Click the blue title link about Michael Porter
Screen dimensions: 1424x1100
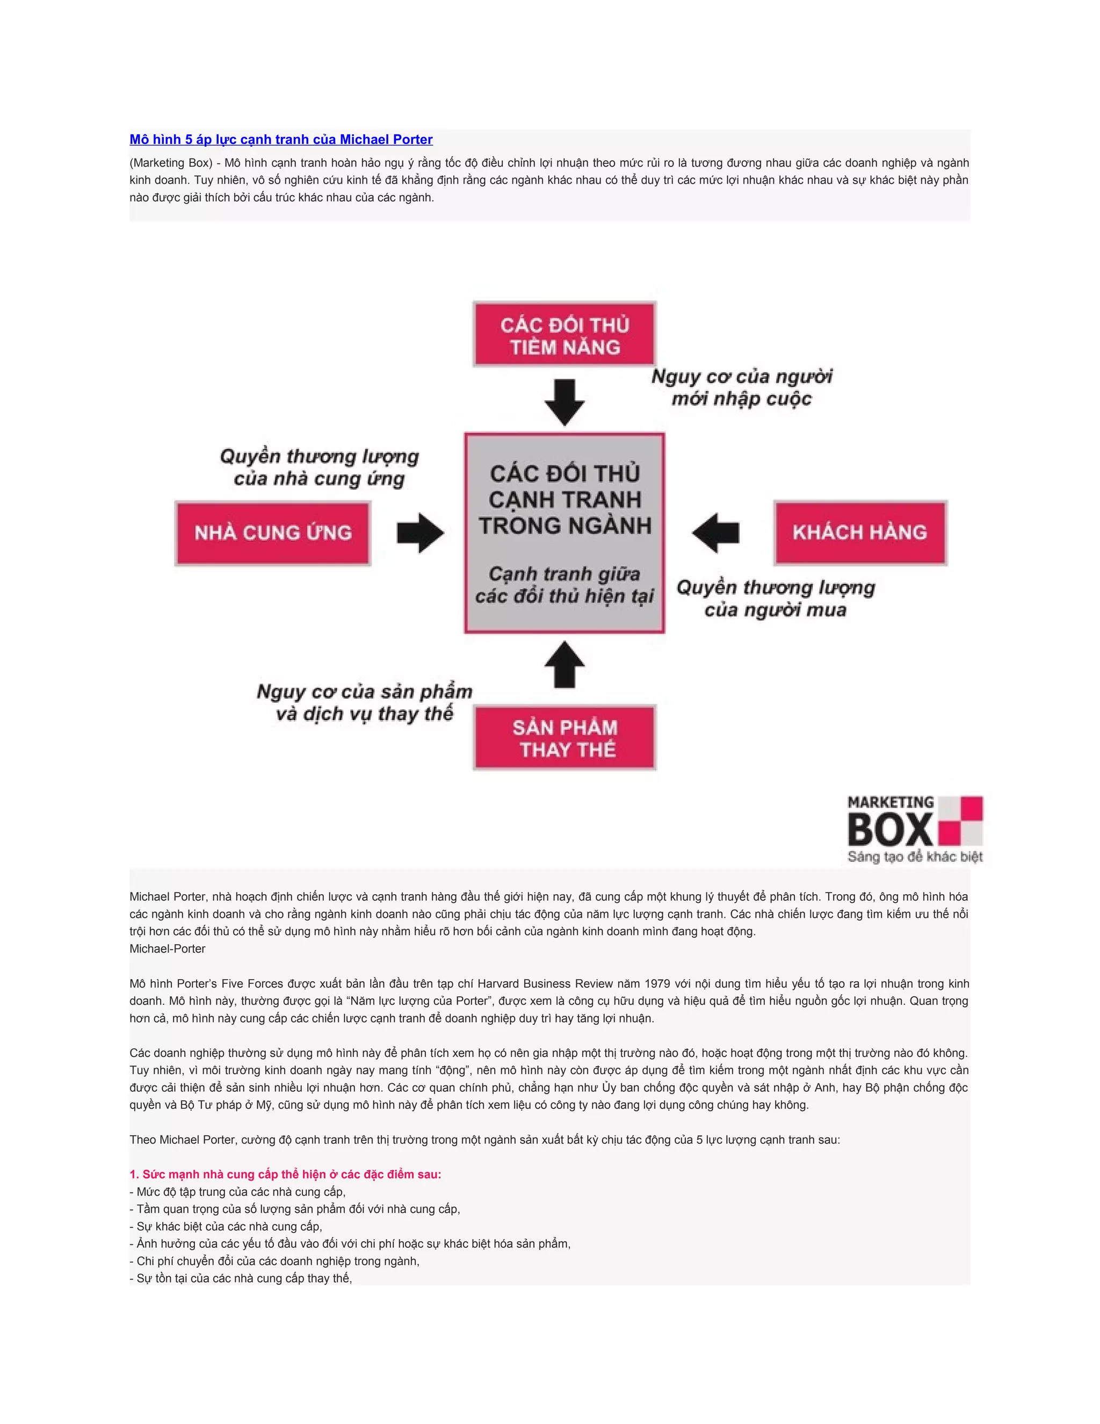point(281,140)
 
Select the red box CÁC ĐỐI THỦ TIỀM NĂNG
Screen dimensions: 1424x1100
point(565,334)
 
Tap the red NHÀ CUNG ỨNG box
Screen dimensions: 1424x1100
point(273,533)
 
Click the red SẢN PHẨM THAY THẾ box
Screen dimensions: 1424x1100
point(565,737)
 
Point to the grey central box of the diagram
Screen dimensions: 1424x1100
point(565,533)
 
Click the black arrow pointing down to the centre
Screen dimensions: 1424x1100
point(565,401)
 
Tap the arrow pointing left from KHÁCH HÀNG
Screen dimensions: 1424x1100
point(715,533)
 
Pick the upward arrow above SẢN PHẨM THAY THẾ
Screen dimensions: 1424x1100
point(565,664)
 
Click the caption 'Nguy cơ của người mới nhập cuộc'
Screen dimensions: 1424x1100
point(742,387)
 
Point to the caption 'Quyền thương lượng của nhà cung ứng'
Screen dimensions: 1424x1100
point(320,467)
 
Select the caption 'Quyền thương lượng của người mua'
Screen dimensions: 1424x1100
point(776,599)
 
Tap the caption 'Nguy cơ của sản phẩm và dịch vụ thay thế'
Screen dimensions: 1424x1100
point(364,702)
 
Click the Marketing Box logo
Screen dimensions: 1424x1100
point(915,829)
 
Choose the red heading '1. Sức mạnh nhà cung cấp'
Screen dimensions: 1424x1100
point(285,1174)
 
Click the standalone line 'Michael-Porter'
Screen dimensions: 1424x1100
point(168,948)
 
